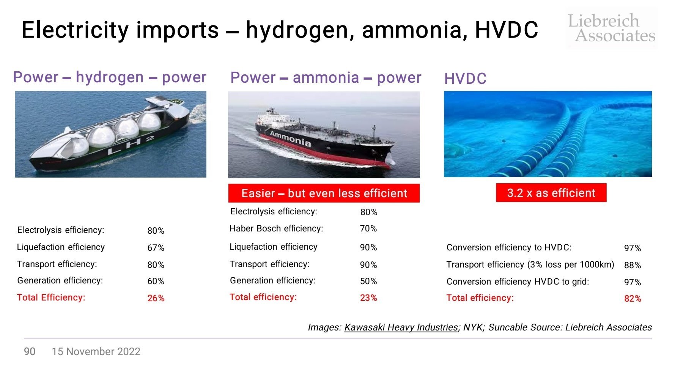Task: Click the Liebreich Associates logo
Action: tap(611, 28)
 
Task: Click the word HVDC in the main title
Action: tap(507, 30)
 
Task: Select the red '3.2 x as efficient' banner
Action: tap(551, 193)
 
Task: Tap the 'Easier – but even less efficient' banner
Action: tap(324, 193)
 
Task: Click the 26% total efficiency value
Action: tap(156, 298)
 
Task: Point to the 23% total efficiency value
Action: tap(368, 298)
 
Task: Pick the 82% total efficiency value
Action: tap(633, 299)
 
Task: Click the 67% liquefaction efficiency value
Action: tap(156, 248)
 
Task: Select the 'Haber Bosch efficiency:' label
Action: tap(276, 228)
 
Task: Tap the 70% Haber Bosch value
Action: tap(368, 228)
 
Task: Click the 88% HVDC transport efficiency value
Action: tap(633, 265)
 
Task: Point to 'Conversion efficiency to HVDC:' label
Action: tap(509, 247)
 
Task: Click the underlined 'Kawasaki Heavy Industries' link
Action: tap(401, 327)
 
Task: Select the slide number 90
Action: tap(30, 351)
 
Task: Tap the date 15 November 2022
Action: tap(96, 351)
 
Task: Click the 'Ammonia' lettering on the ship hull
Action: tap(290, 138)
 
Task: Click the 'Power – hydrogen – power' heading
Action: tap(110, 77)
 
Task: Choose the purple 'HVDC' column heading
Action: tap(465, 79)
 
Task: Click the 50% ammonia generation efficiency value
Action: tap(368, 281)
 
